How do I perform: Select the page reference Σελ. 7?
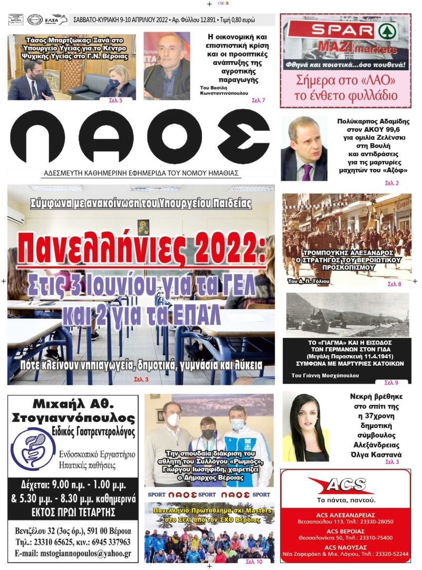point(258,100)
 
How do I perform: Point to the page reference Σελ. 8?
point(394,284)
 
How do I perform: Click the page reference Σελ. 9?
point(391,383)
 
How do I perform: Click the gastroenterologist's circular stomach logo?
point(33,448)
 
